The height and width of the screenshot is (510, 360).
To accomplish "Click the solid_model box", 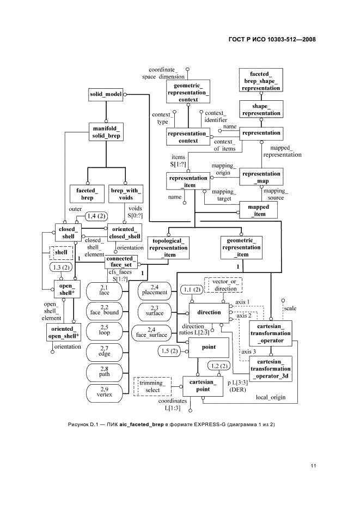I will pyautogui.click(x=106, y=94).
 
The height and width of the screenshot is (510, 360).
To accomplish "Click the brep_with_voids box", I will pyautogui.click(x=126, y=193).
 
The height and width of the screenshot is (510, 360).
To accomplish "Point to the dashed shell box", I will pyautogui.click(x=60, y=253).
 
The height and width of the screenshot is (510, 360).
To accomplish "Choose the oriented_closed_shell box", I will pyautogui.click(x=125, y=232).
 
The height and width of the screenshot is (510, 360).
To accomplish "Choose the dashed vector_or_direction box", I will pyautogui.click(x=223, y=284).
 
